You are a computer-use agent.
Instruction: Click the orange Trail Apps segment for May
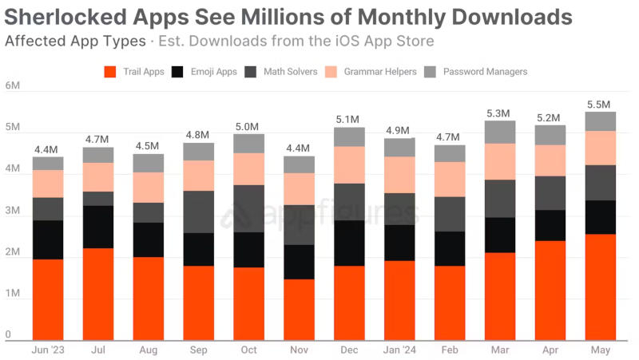pos(600,287)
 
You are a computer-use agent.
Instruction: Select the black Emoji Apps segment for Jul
pos(97,227)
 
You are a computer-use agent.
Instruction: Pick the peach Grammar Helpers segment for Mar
pos(501,161)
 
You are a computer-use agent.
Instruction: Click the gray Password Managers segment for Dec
pos(349,136)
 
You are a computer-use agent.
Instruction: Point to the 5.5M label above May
pos(600,105)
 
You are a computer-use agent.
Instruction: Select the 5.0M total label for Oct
pos(248,126)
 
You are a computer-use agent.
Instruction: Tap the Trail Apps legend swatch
pos(111,72)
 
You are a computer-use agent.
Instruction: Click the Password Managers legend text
pos(485,72)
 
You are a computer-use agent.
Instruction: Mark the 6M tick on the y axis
pos(11,85)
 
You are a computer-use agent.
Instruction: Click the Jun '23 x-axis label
pos(47,350)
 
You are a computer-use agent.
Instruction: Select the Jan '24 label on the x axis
pos(399,350)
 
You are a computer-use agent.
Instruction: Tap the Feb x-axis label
pos(450,350)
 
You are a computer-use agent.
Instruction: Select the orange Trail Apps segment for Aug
pos(148,299)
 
